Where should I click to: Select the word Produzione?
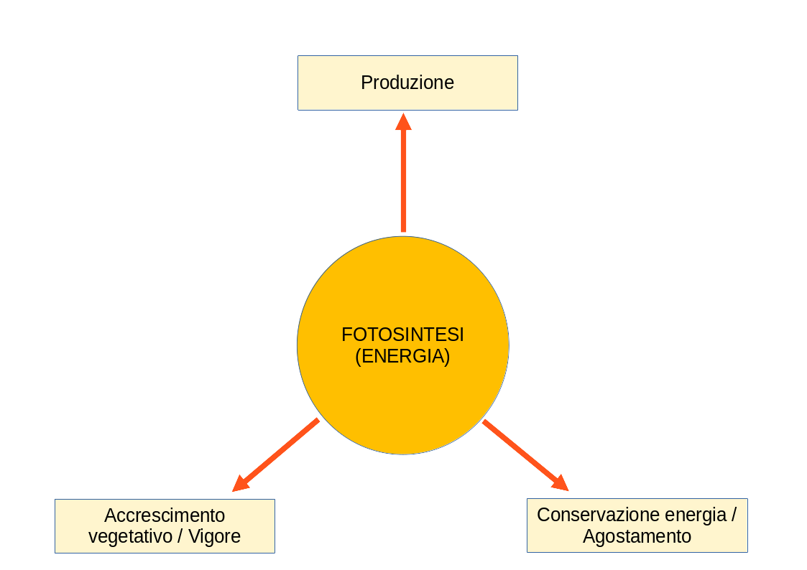click(407, 83)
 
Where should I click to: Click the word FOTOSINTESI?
click(402, 335)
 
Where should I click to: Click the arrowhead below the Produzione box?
click(403, 122)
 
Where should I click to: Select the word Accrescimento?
click(165, 515)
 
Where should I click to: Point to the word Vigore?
click(214, 536)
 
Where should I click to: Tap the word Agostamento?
click(637, 536)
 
